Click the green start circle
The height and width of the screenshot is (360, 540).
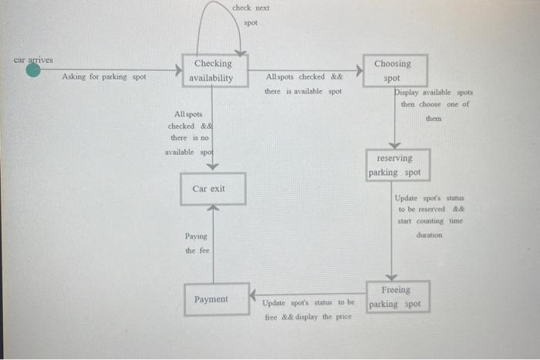33,71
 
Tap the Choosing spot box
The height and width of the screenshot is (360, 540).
392,71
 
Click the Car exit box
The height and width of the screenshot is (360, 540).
213,189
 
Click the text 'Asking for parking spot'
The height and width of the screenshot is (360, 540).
103,77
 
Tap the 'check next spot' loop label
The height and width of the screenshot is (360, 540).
251,15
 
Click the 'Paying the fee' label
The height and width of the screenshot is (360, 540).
196,244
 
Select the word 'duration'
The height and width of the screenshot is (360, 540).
430,235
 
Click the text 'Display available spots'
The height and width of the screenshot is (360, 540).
434,93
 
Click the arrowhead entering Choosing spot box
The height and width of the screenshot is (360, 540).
359,71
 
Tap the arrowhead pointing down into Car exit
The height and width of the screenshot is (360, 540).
214,165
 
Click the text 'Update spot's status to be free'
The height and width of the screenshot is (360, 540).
308,303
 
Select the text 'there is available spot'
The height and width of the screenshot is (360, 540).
302,92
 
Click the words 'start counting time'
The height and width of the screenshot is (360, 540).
430,221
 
